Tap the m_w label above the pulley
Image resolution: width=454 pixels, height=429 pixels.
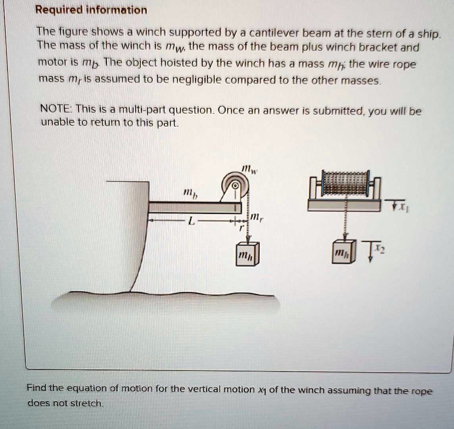[247, 169]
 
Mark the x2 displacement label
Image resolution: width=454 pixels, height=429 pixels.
[380, 250]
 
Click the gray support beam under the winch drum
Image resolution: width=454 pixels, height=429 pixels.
[344, 205]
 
